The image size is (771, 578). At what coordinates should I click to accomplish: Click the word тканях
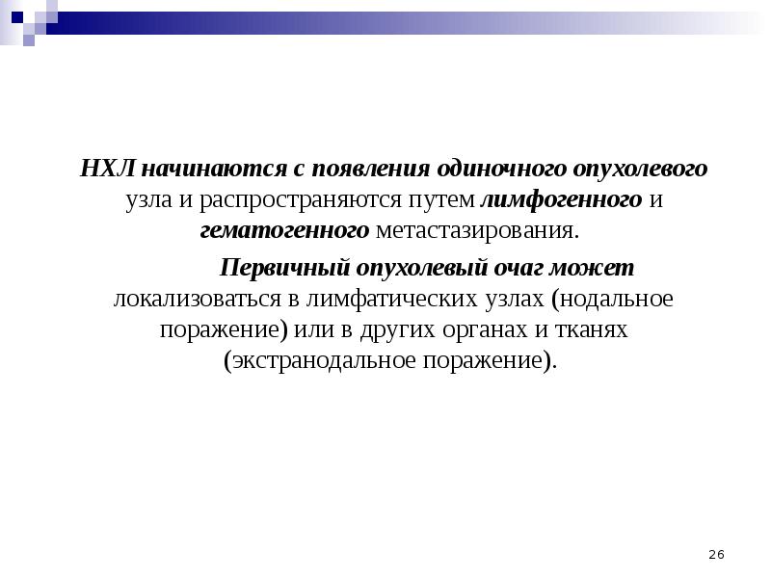click(590, 330)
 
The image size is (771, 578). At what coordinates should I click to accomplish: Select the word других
click(396, 330)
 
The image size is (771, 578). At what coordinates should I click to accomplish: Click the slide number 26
click(716, 554)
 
